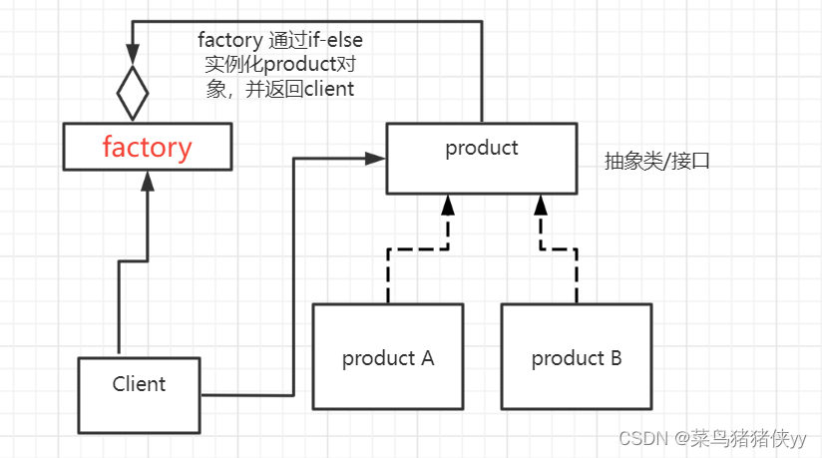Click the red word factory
tap(147, 148)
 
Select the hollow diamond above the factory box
tap(132, 95)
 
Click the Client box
tap(139, 395)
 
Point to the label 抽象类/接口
tap(656, 161)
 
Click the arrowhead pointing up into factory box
tap(148, 181)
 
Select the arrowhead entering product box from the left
tap(376, 158)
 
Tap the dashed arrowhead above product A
tap(448, 206)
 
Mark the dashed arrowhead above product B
tap(540, 206)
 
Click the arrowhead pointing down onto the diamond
tap(132, 53)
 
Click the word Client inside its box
tap(139, 383)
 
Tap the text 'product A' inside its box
tap(388, 358)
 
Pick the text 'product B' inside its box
tap(576, 358)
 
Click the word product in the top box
tap(482, 148)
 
